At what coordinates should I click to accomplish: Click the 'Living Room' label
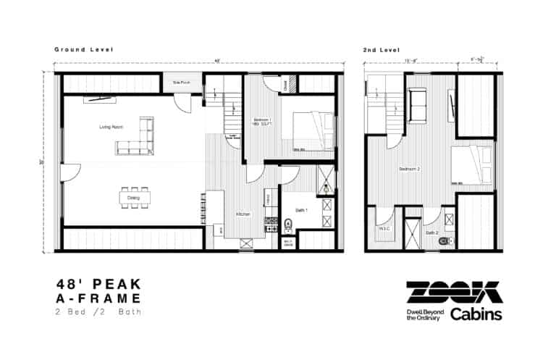[x=111, y=127]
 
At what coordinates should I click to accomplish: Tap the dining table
[x=134, y=197]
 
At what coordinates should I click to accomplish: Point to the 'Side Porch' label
[x=181, y=83]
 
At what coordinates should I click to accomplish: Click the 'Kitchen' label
[x=243, y=214]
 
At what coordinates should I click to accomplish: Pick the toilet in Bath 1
[x=288, y=222]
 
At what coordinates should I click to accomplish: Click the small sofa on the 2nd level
[x=417, y=104]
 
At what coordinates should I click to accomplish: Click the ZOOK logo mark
[x=454, y=292]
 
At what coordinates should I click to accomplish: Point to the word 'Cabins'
[x=476, y=314]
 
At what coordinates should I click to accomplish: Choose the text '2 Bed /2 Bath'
[x=98, y=312]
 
